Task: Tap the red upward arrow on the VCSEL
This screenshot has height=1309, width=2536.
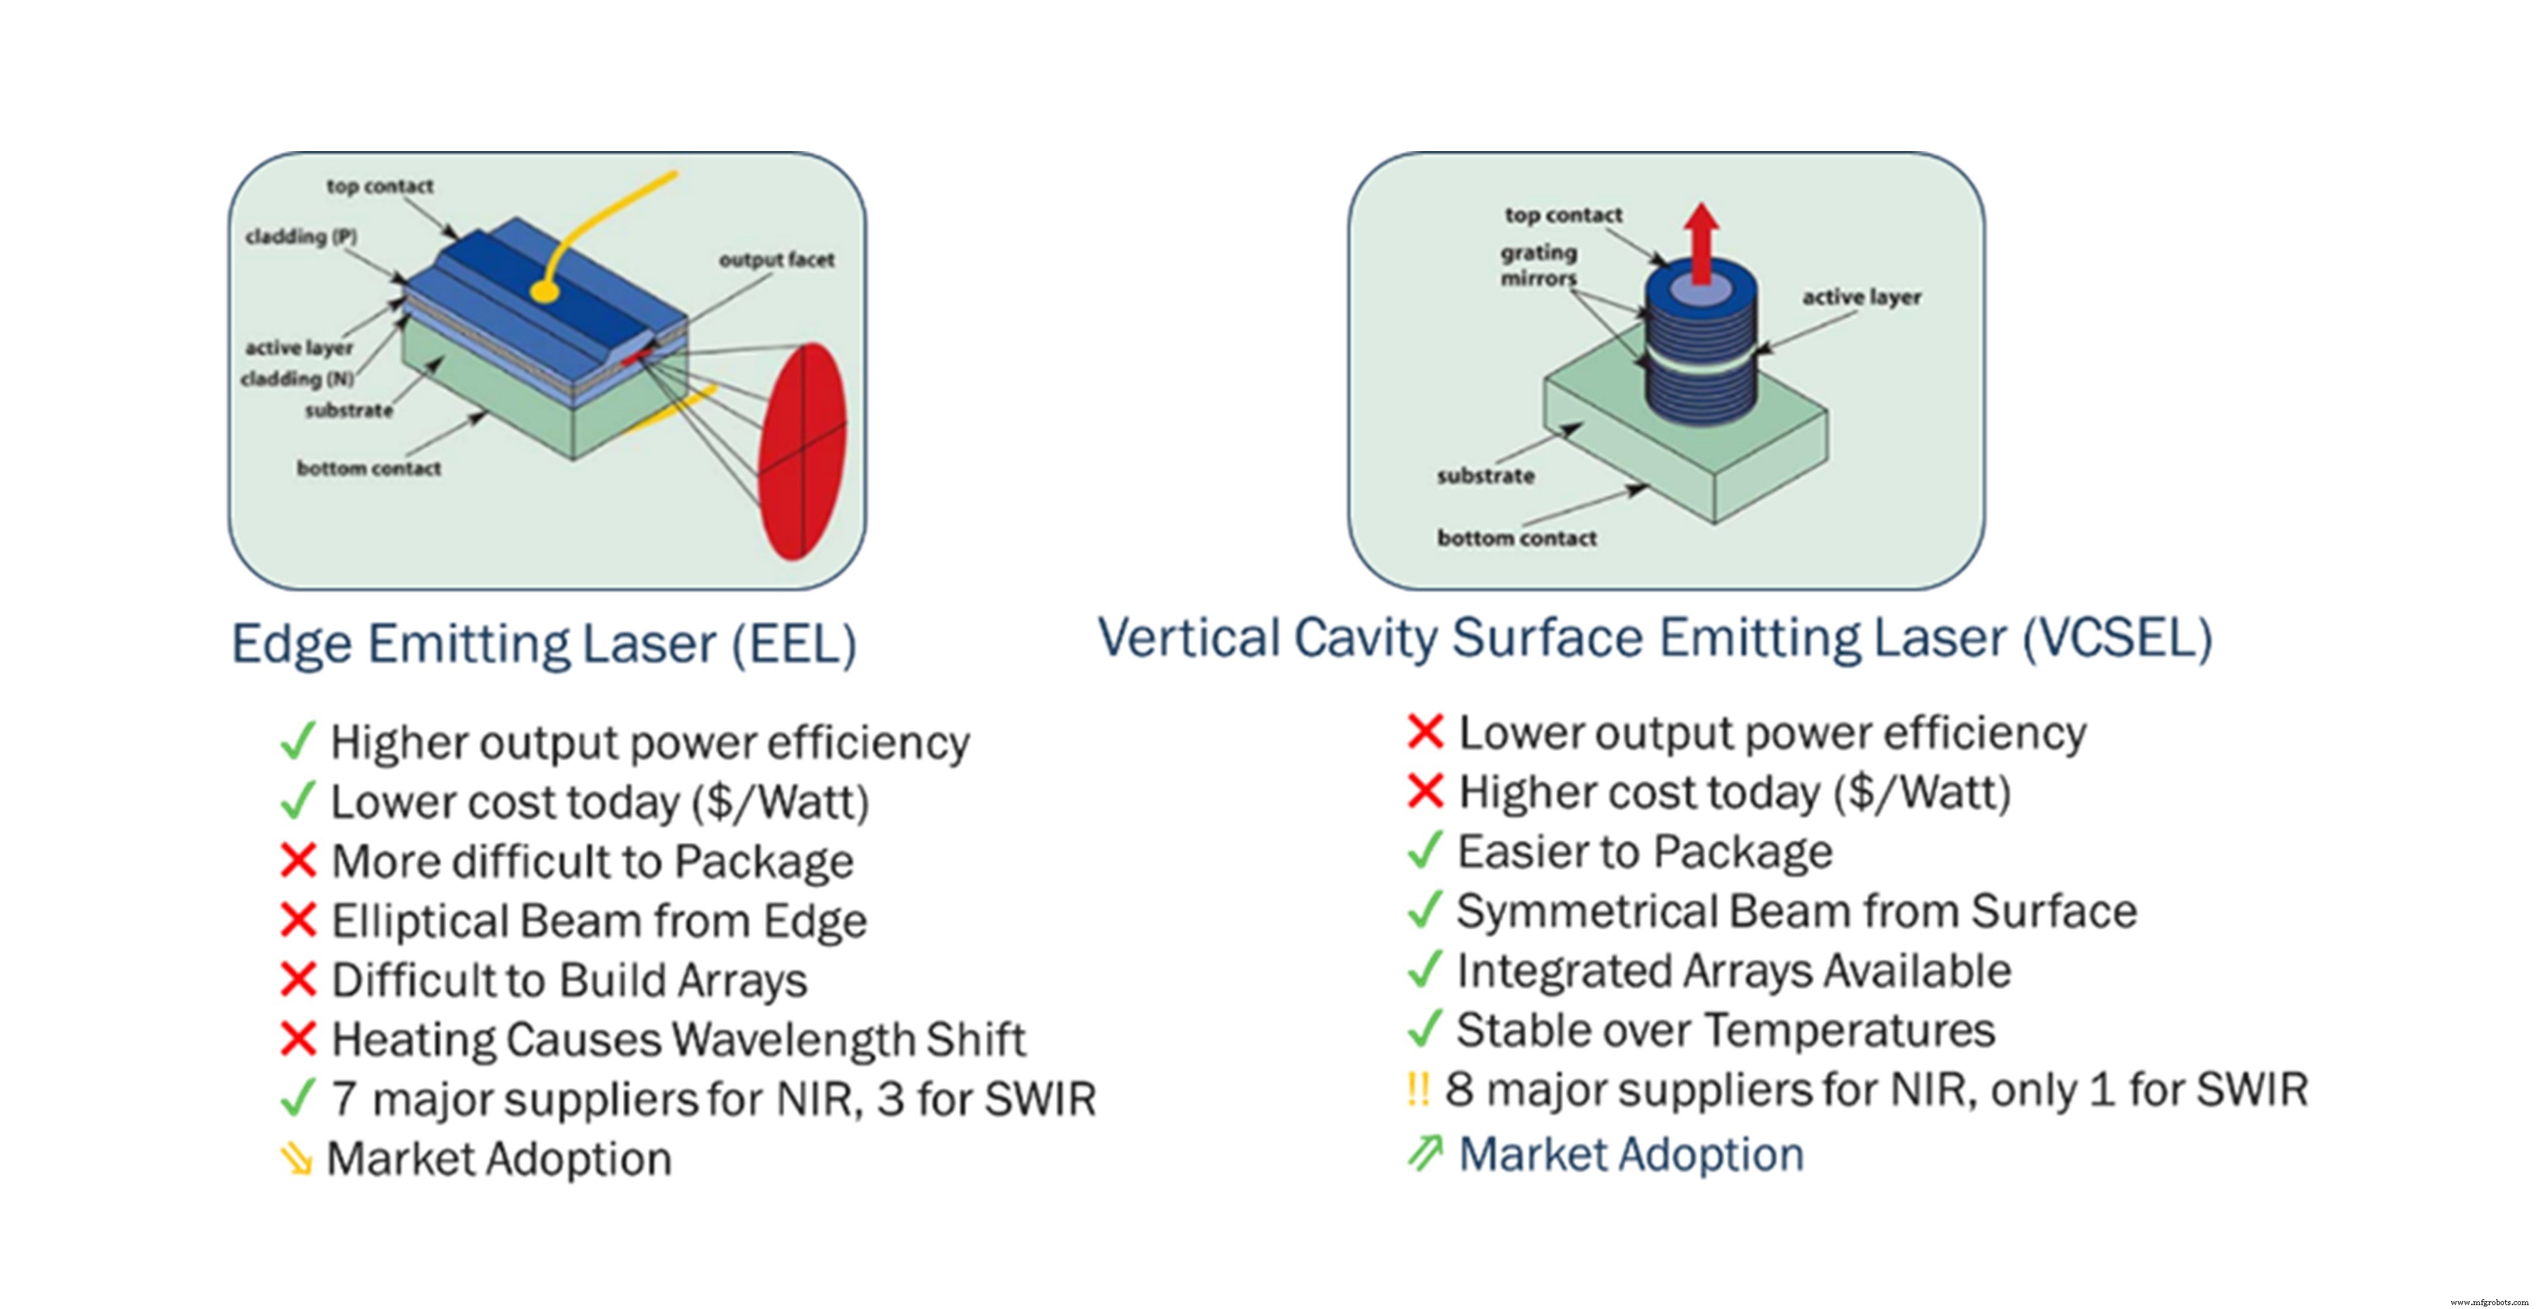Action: tap(1701, 241)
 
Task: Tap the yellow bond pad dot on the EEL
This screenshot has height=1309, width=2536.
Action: tap(543, 292)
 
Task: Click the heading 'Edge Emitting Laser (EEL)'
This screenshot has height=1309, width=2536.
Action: tap(543, 643)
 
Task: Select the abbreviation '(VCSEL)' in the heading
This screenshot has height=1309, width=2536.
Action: tap(2117, 638)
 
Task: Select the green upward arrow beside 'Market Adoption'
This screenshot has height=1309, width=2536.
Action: tap(1424, 1153)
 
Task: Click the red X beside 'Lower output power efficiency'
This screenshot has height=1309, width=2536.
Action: tap(1424, 732)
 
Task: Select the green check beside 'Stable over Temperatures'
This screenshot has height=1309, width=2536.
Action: tap(1424, 1029)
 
